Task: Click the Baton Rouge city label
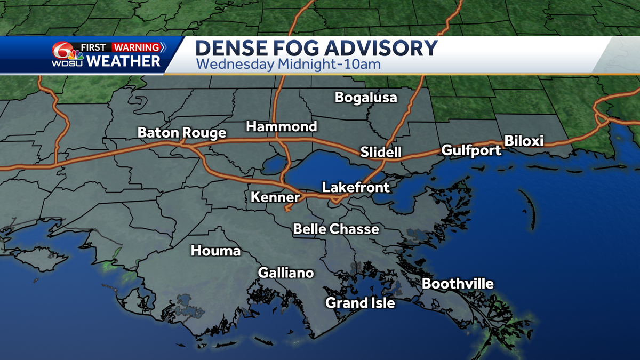[182, 133]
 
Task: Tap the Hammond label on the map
[281, 127]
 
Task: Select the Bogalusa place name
[366, 98]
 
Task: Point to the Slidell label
[381, 152]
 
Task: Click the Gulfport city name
[471, 150]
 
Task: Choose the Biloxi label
[524, 141]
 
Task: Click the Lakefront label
[356, 188]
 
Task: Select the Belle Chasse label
[336, 229]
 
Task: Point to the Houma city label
[216, 251]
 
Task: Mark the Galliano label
[286, 273]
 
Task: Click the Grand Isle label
[361, 303]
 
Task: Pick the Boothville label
[458, 284]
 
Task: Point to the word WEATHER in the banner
[123, 61]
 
